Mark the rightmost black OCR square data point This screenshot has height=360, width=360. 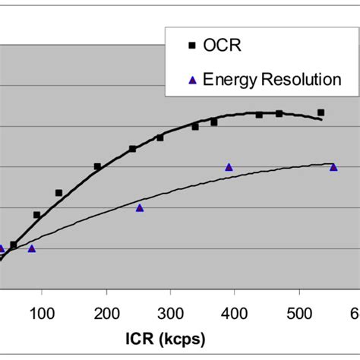321,112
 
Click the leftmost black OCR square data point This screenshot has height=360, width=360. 14,245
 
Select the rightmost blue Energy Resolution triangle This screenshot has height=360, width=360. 333,167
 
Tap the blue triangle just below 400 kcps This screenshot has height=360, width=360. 229,167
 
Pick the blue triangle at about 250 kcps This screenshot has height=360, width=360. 140,207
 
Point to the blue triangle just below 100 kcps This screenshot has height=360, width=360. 31,248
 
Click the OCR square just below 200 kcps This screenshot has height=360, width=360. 97,166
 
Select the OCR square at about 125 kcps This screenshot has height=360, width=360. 58,193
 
